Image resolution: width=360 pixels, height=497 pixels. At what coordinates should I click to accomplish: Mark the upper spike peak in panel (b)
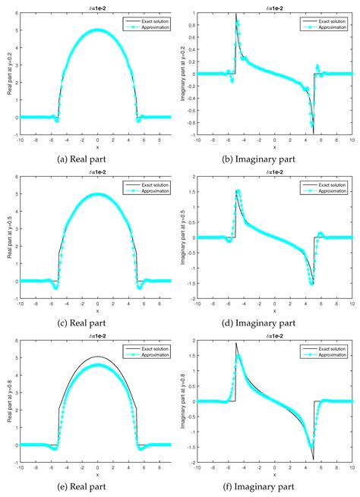(236, 14)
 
